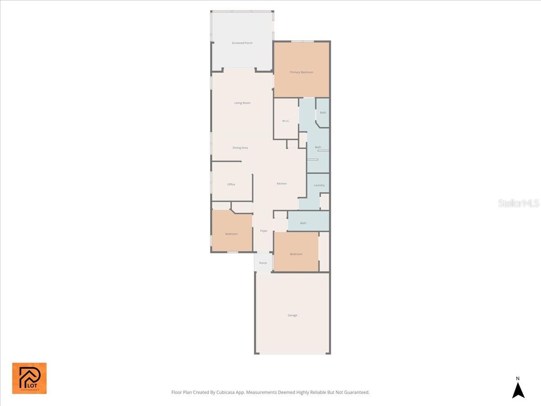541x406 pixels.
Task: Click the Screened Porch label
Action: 242,43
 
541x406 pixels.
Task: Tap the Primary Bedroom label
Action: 301,72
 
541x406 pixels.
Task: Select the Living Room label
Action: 242,103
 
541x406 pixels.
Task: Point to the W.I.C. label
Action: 286,121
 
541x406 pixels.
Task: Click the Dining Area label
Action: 240,148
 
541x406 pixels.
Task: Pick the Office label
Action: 231,184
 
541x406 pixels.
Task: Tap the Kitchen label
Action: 282,184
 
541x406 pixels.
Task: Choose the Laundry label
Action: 319,185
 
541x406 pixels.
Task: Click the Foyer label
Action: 264,231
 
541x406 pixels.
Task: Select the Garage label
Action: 293,315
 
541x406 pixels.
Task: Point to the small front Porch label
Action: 263,263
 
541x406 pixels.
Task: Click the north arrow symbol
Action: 518,390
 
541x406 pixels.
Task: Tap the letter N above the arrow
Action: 518,378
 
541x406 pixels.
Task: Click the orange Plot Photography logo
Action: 29,378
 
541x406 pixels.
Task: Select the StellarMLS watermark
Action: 518,203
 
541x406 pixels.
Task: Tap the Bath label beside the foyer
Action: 303,223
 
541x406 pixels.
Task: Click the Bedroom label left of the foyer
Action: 231,234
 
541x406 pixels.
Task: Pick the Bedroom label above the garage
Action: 296,254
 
